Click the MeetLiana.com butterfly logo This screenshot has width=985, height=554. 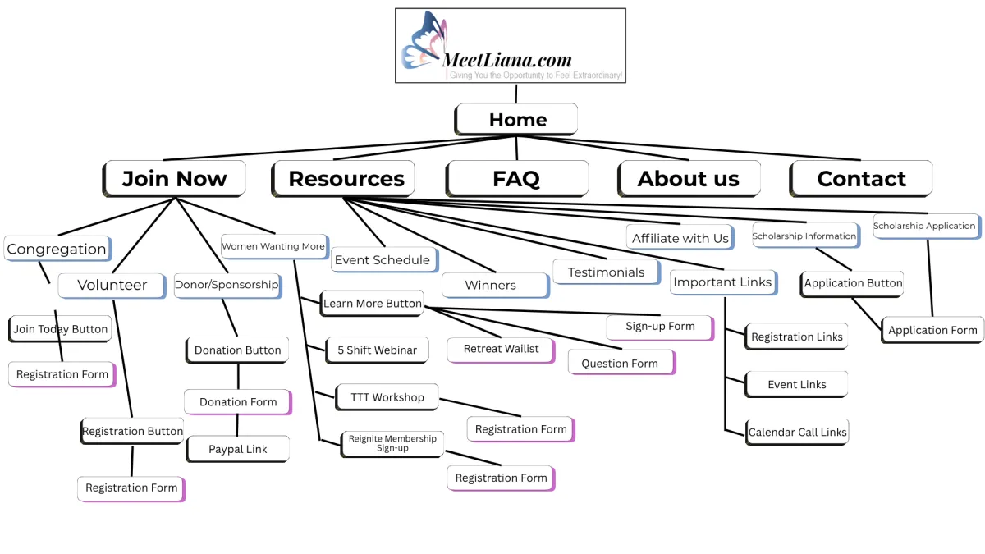click(510, 46)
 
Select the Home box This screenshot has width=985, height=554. click(517, 120)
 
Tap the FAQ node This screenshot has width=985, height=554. click(517, 179)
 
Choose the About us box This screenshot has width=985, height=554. click(689, 179)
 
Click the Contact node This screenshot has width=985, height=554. click(861, 179)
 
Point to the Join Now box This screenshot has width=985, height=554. click(174, 179)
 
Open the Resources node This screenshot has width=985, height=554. click(346, 179)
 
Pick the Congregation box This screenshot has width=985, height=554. click(57, 249)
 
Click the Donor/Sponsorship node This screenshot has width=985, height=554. click(227, 285)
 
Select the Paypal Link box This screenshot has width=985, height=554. click(237, 450)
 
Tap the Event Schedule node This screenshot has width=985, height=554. click(383, 260)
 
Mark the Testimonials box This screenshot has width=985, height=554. click(606, 272)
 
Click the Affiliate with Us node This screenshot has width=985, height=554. click(680, 238)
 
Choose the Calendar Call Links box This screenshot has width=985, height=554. click(797, 433)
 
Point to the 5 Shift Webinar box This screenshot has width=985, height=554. click(378, 350)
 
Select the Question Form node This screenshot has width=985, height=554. click(620, 363)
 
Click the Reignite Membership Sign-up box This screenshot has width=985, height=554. click(392, 443)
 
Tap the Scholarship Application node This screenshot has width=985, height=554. click(924, 226)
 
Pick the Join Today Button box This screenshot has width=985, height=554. click(61, 329)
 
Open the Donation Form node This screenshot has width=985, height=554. click(238, 402)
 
